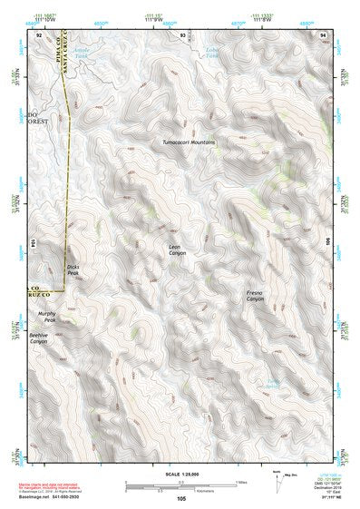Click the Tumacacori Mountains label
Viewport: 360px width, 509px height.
[190, 142]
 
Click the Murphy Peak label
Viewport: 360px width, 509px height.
[47, 318]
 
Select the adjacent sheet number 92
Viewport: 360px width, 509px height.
[40, 34]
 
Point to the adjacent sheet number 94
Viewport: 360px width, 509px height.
[323, 34]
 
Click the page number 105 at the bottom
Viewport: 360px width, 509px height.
[181, 499]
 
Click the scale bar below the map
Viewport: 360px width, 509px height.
[180, 484]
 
